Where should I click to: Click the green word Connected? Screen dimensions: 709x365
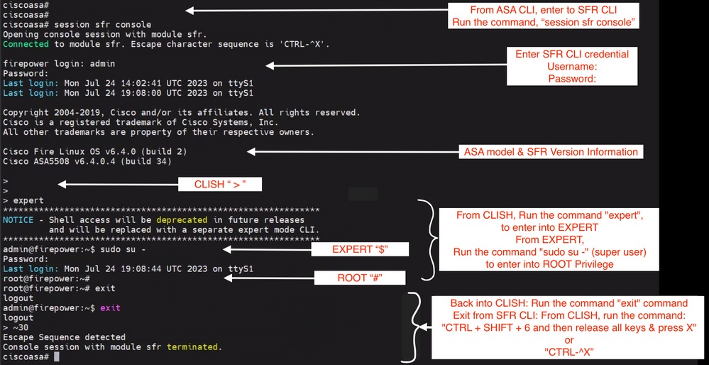tap(26, 44)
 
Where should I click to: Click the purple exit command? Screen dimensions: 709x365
tap(110, 308)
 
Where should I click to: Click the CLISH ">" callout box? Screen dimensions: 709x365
tap(220, 184)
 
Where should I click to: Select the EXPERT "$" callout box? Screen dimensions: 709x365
tap(361, 249)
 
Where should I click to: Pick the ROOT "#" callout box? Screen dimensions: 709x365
tap(361, 278)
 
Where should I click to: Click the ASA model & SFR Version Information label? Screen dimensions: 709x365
tap(551, 152)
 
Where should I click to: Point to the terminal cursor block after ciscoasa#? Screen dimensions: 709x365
tap(57, 357)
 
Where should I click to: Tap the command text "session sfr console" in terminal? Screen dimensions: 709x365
tap(103, 24)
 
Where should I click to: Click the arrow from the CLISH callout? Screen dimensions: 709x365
tap(118, 184)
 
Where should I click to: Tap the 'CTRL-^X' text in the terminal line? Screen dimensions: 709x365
tap(304, 44)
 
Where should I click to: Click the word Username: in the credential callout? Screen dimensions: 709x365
tap(573, 66)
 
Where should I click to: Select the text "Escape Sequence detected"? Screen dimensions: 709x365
tap(64, 337)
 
